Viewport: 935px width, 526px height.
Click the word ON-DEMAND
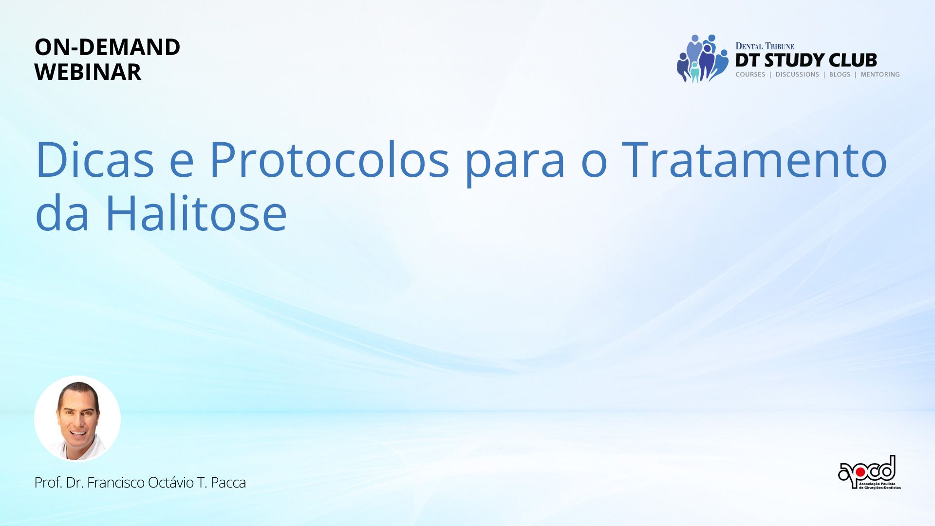coord(107,47)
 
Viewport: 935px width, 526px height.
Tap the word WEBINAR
coord(88,72)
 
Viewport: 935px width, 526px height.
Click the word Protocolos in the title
coord(329,159)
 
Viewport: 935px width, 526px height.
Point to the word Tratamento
coord(755,159)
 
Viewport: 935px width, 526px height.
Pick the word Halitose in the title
coord(196,213)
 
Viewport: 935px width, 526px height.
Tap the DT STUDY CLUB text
coord(806,60)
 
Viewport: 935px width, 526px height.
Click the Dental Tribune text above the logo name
coord(765,46)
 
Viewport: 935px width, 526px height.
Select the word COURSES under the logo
coord(750,75)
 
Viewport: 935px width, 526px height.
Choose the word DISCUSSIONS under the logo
coord(797,75)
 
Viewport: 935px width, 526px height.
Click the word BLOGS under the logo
coord(840,75)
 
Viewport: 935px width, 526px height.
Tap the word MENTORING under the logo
coord(880,75)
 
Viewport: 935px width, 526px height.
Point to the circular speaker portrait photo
coord(77,418)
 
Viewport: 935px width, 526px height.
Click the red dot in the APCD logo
coord(860,472)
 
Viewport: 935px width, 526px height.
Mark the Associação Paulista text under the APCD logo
coord(880,484)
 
